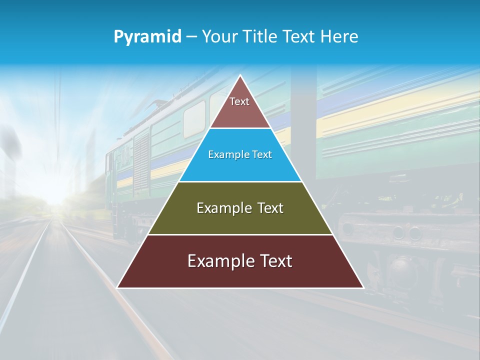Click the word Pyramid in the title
point(147,37)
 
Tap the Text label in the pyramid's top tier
point(239,101)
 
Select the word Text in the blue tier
point(262,155)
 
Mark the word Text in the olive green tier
point(270,208)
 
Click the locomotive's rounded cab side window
point(194,119)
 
